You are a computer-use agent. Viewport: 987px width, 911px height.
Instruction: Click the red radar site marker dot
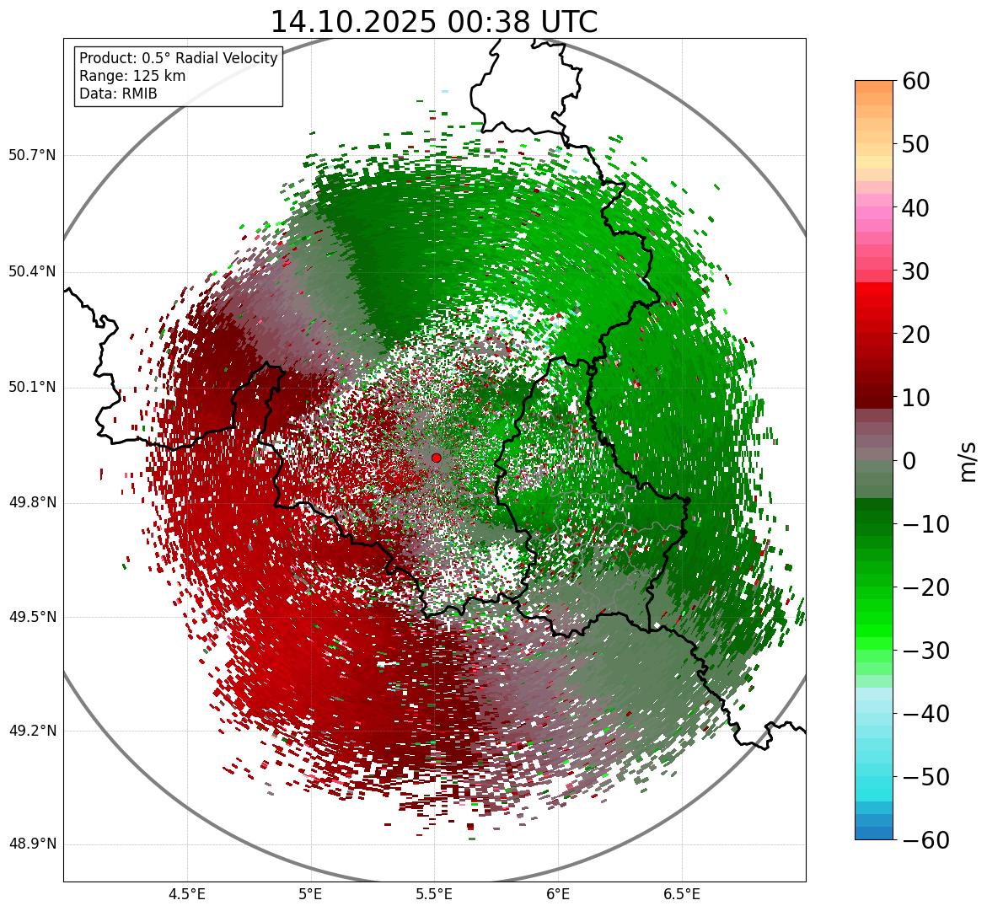[436, 458]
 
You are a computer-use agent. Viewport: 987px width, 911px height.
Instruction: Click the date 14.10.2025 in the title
[352, 22]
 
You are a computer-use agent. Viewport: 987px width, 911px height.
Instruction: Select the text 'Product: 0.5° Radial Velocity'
[178, 58]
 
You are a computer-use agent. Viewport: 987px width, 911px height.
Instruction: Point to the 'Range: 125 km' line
[132, 76]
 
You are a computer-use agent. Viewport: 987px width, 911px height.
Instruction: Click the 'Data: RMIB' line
[118, 94]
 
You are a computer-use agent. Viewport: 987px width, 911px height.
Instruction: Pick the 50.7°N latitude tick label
[32, 156]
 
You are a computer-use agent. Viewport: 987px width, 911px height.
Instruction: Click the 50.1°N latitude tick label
[32, 388]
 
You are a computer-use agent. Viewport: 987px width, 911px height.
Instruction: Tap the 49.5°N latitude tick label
[32, 617]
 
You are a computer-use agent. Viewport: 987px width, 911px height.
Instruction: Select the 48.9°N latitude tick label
[32, 844]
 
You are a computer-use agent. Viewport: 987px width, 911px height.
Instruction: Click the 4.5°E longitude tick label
[187, 894]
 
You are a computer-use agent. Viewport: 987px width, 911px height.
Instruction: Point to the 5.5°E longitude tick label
[434, 894]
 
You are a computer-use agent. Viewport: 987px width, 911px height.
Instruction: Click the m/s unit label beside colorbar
[968, 461]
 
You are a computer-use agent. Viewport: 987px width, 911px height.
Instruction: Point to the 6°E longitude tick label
[558, 894]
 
